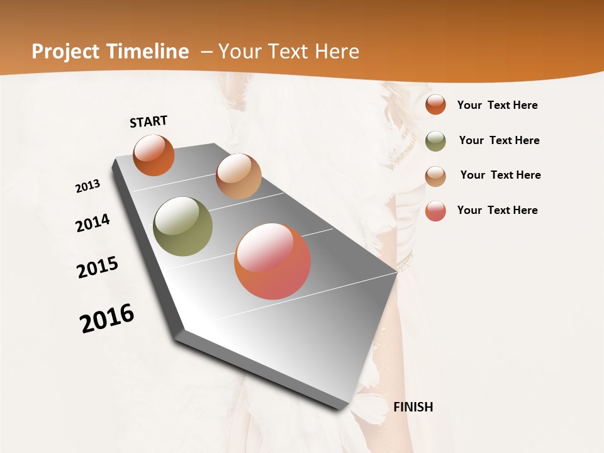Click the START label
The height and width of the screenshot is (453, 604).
pos(148,121)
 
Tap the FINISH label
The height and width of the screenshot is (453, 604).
pos(413,407)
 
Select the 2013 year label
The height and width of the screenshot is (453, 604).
pos(88,186)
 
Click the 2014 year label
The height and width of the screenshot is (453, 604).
pos(92,223)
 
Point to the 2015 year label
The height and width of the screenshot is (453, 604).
pos(98,267)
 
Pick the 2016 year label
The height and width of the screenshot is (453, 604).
pos(107,318)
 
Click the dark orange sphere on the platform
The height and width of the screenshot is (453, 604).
pos(154,155)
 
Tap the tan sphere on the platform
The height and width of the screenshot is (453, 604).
pos(238,176)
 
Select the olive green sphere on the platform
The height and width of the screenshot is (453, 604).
pos(182,226)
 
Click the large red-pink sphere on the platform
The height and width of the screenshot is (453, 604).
pos(272,261)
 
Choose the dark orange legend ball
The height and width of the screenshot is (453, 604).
pos(435,104)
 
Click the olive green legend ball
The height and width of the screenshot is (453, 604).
pos(435,141)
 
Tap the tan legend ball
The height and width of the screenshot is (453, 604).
pos(435,176)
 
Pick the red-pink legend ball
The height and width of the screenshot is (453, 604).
pos(435,211)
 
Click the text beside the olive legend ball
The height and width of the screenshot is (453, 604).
pos(499,140)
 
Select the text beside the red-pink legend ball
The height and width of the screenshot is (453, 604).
pos(497,210)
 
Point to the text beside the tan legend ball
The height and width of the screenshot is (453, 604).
pos(500,175)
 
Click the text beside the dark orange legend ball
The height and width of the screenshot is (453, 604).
pos(497,105)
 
